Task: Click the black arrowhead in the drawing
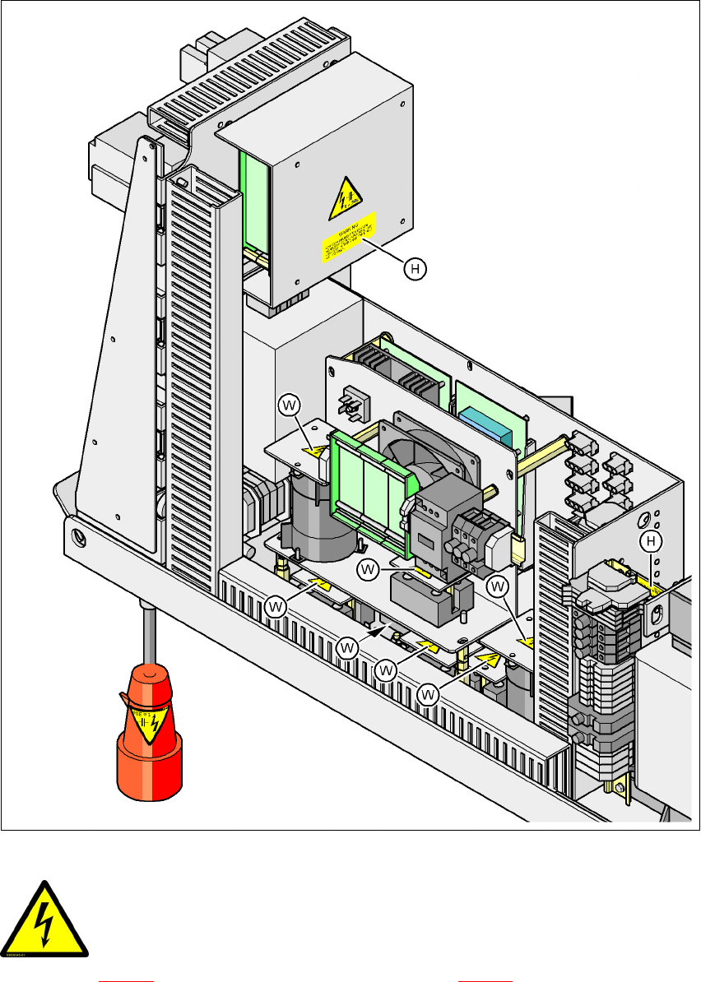tap(378, 631)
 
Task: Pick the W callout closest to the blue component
tap(497, 586)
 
